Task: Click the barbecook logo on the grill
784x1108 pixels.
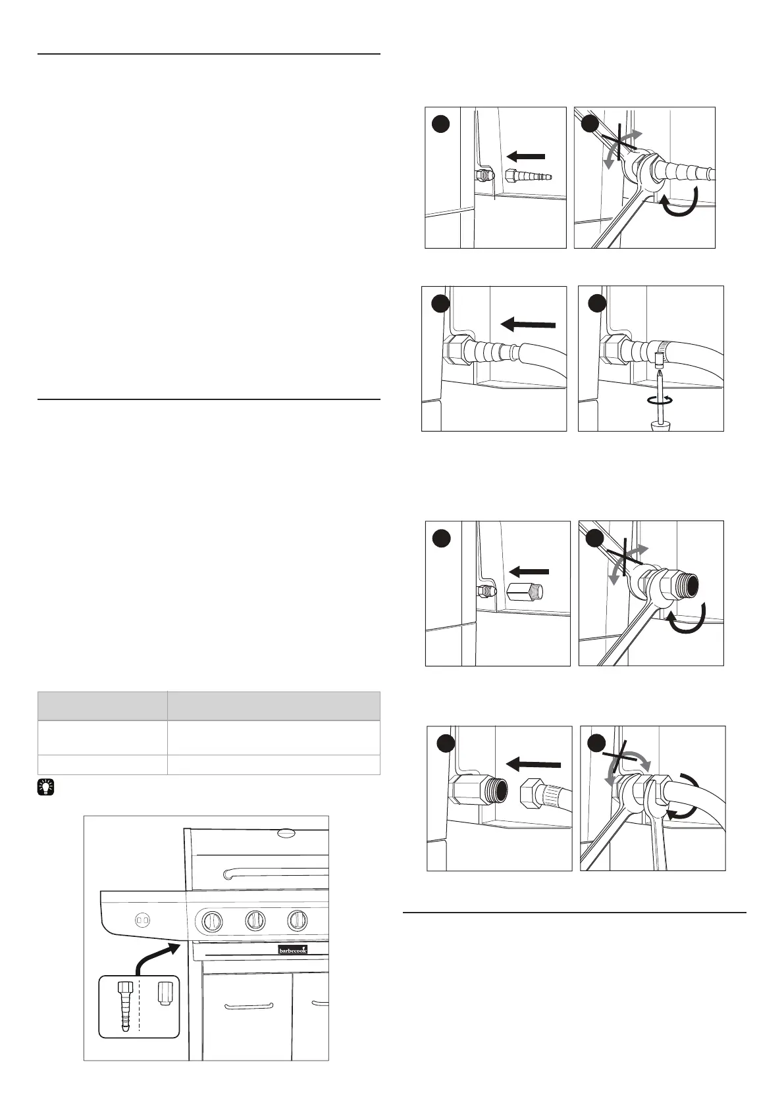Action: click(292, 949)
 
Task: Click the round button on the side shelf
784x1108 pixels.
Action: click(141, 919)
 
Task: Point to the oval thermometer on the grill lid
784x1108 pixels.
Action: click(287, 833)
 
